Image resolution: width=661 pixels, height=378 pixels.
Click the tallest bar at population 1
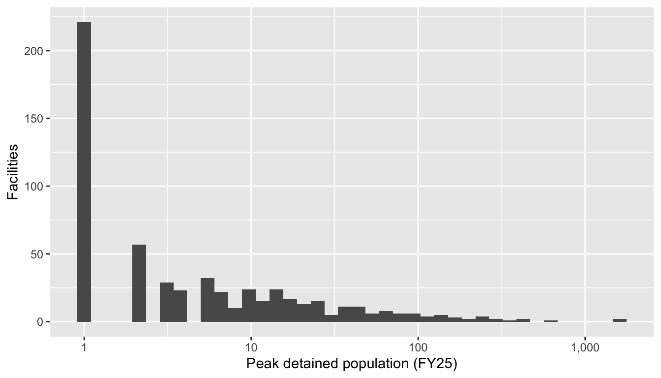tap(84, 172)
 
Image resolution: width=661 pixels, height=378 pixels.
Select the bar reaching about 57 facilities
tap(139, 283)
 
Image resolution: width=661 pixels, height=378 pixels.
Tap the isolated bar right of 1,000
tap(620, 320)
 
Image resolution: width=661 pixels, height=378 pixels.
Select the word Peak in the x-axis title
tap(257, 365)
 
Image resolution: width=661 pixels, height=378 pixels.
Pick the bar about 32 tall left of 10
tap(208, 300)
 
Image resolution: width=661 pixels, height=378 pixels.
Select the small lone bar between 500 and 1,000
tap(551, 321)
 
